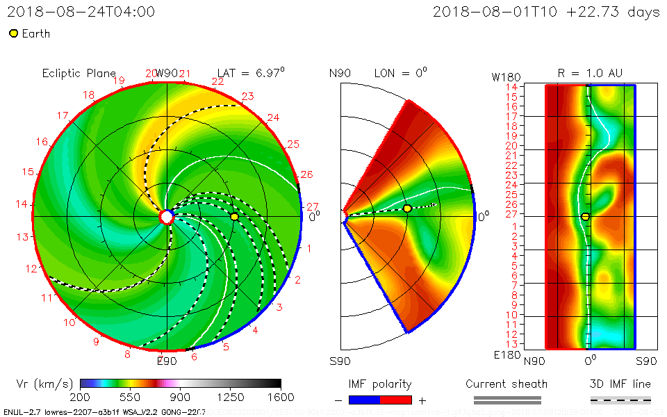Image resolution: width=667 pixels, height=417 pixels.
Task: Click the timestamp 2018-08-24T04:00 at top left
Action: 81,12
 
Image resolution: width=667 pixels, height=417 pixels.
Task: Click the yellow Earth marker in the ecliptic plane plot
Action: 234,217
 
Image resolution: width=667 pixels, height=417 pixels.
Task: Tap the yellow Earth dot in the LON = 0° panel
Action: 407,208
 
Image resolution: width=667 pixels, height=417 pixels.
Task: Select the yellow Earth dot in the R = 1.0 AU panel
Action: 586,217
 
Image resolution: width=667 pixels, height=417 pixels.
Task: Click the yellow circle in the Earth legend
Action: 13,33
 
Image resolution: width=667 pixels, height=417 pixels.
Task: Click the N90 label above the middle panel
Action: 340,73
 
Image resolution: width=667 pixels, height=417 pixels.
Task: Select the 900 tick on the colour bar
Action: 181,397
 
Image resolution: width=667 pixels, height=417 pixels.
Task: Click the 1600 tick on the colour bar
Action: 281,397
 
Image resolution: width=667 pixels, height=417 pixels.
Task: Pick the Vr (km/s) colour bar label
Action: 44,384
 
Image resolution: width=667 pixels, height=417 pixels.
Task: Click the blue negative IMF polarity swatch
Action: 364,400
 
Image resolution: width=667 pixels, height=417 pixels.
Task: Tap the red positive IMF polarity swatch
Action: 396,400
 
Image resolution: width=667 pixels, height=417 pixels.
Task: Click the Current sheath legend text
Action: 507,384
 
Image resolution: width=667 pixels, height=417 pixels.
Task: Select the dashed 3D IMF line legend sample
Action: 620,400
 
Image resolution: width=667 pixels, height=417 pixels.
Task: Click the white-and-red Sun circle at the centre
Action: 167,217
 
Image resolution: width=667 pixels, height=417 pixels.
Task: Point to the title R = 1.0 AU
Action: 590,73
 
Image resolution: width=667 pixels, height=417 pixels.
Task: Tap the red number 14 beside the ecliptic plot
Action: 22,204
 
